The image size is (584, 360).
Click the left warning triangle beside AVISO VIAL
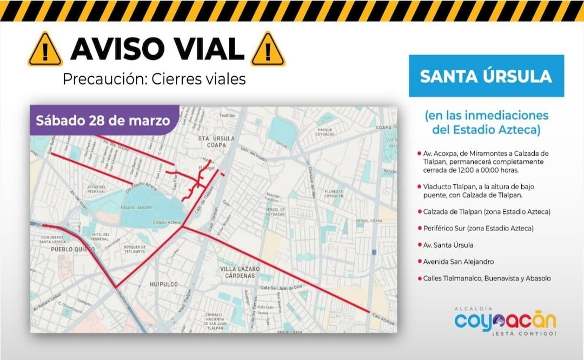pyautogui.click(x=45, y=49)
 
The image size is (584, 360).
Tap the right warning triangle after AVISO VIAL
pyautogui.click(x=268, y=49)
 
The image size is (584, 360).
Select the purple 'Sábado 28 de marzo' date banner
pyautogui.click(x=103, y=119)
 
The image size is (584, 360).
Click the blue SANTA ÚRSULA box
pyautogui.click(x=486, y=76)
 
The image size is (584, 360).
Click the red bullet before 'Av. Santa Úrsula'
pyautogui.click(x=420, y=245)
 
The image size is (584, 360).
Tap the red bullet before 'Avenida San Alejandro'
pyautogui.click(x=420, y=262)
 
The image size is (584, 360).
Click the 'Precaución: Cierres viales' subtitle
pyautogui.click(x=154, y=79)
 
